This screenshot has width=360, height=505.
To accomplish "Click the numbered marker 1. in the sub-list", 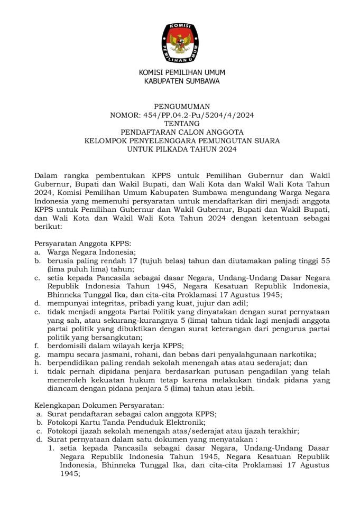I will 51,448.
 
